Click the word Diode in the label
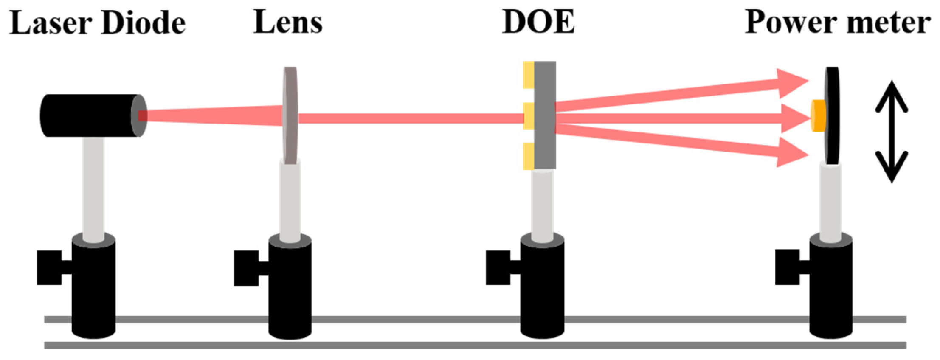click(144, 23)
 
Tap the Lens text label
click(287, 22)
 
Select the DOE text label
click(538, 22)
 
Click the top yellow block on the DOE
click(529, 75)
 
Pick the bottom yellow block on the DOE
click(529, 156)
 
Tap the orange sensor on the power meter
click(818, 115)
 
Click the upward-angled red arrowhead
click(791, 83)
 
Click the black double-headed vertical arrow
click(891, 132)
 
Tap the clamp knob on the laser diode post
click(49, 267)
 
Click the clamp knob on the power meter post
click(787, 267)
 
